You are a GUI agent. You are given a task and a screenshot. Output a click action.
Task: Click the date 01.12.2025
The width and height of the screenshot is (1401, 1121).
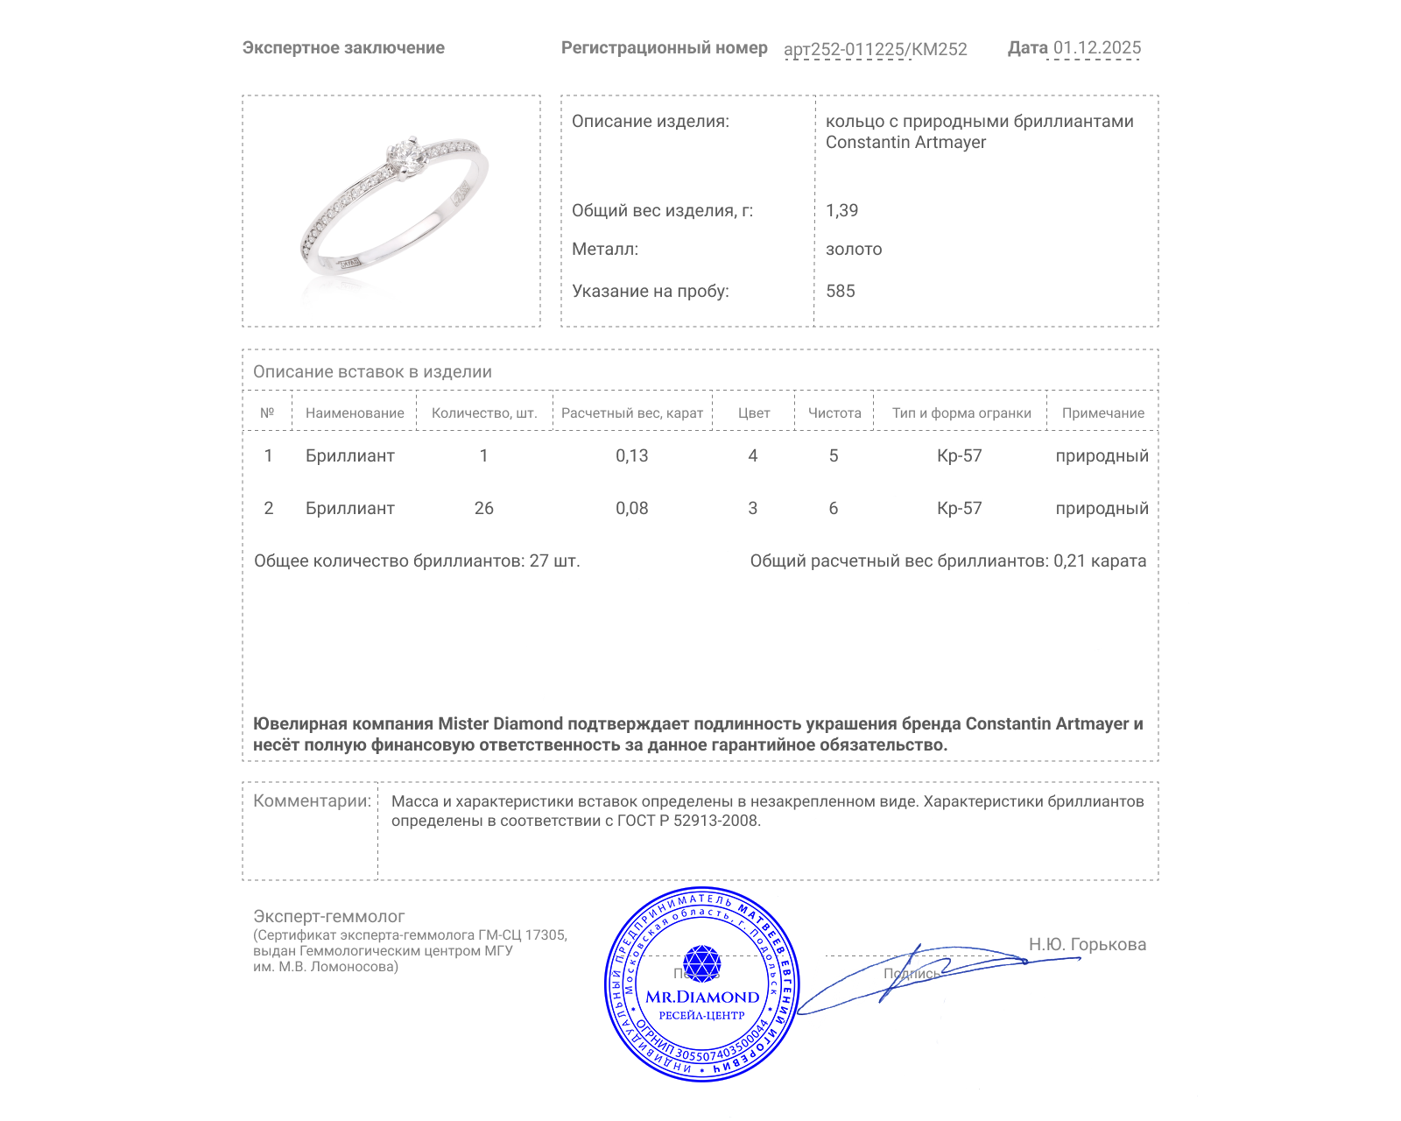pyautogui.click(x=1096, y=48)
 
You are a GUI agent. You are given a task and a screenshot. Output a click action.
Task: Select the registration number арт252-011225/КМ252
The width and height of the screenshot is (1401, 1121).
pyautogui.click(x=875, y=49)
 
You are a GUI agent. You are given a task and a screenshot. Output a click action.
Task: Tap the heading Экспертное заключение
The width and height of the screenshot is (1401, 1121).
pyautogui.click(x=343, y=48)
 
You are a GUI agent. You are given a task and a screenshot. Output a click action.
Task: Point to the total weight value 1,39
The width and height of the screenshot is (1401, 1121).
pyautogui.click(x=841, y=210)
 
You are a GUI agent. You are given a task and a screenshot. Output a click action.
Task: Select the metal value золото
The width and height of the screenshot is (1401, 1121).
pyautogui.click(x=854, y=249)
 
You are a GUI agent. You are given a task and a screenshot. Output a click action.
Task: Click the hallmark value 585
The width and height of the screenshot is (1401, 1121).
pyautogui.click(x=840, y=291)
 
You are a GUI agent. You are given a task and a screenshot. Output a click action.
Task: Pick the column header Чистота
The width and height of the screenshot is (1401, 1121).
pyautogui.click(x=834, y=412)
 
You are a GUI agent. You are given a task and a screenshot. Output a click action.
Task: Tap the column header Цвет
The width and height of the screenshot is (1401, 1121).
pyautogui.click(x=753, y=412)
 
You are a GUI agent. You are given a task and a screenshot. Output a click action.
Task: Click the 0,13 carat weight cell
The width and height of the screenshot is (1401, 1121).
pyautogui.click(x=631, y=455)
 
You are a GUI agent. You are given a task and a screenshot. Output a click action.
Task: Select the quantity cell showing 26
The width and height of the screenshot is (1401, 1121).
pyautogui.click(x=483, y=508)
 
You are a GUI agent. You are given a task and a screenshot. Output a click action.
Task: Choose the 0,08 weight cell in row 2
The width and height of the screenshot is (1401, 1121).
pyautogui.click(x=631, y=508)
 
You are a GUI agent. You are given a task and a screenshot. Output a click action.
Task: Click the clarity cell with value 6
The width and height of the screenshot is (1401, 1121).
pyautogui.click(x=833, y=508)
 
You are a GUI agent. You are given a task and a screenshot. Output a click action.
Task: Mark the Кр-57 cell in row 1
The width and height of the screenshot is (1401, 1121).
pyautogui.click(x=959, y=455)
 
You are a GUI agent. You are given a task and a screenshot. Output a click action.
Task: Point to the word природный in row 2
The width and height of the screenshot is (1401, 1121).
pyautogui.click(x=1102, y=508)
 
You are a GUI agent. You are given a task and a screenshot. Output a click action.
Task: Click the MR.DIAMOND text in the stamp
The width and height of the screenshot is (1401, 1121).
pyautogui.click(x=702, y=997)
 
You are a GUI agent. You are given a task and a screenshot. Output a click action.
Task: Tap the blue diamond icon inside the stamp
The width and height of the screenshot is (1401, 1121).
pyautogui.click(x=701, y=963)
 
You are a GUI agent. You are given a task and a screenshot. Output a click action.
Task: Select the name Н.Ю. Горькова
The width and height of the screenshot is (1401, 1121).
pyautogui.click(x=1087, y=944)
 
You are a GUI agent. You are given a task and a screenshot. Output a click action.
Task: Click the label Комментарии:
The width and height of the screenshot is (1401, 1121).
pyautogui.click(x=312, y=800)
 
